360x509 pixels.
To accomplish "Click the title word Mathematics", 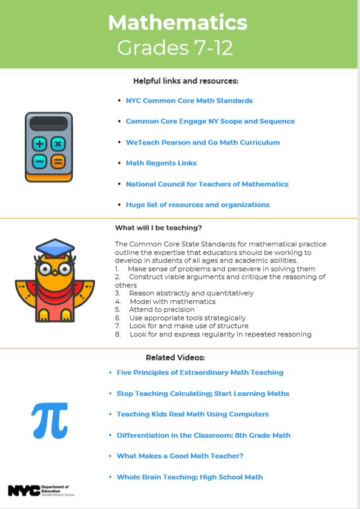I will tap(177, 23).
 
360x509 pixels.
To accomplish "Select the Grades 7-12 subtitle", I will tap(175, 47).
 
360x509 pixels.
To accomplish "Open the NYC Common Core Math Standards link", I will tap(189, 100).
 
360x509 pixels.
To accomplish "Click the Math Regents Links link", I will tap(161, 163).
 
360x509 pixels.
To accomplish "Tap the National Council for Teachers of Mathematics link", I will tap(207, 184).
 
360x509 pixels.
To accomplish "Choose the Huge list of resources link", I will tap(197, 205).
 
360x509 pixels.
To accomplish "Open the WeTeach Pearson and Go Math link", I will tap(203, 142).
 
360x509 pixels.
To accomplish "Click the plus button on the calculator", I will tap(40, 144).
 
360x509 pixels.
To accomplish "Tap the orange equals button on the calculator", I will tap(57, 162).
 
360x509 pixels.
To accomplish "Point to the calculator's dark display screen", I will tap(48, 123).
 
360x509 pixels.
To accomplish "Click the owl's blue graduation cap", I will tap(54, 248).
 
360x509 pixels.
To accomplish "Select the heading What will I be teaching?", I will tap(158, 228).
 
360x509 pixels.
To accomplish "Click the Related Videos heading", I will tap(175, 357).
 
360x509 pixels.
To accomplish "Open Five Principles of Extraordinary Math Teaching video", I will tap(200, 372).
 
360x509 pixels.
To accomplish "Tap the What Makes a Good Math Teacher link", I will tap(180, 456).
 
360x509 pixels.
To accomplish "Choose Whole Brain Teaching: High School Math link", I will tap(189, 477).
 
